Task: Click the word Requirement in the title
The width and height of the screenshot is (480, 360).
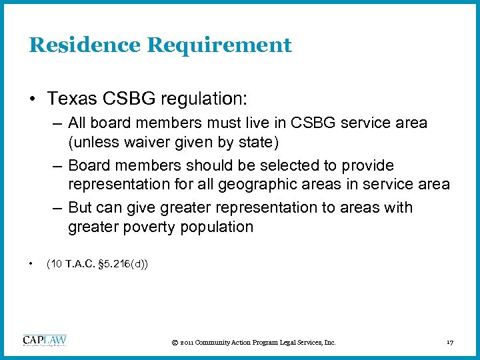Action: [x=219, y=45]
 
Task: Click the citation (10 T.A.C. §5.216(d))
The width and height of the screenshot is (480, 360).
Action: [x=97, y=265]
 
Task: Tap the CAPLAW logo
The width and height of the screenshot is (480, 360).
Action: [x=45, y=340]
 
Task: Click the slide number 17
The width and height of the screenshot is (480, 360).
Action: [x=450, y=343]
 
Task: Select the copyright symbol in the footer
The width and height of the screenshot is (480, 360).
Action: [x=174, y=343]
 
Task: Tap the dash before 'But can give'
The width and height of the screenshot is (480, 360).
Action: [x=57, y=208]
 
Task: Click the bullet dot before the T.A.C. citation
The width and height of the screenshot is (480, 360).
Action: [x=31, y=265]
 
